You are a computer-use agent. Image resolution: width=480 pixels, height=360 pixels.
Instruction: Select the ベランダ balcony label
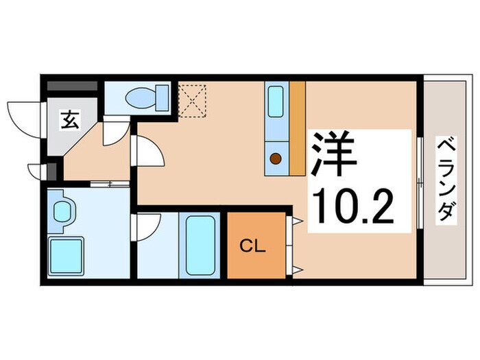(x=446, y=180)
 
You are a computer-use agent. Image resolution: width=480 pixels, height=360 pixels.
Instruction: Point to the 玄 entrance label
(x=71, y=121)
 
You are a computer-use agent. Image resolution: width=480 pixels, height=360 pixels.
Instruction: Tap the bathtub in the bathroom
(x=200, y=245)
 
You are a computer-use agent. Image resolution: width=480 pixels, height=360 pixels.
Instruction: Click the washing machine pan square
(x=67, y=253)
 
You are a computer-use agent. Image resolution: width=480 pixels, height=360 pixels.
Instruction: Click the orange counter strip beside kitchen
(x=296, y=127)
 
